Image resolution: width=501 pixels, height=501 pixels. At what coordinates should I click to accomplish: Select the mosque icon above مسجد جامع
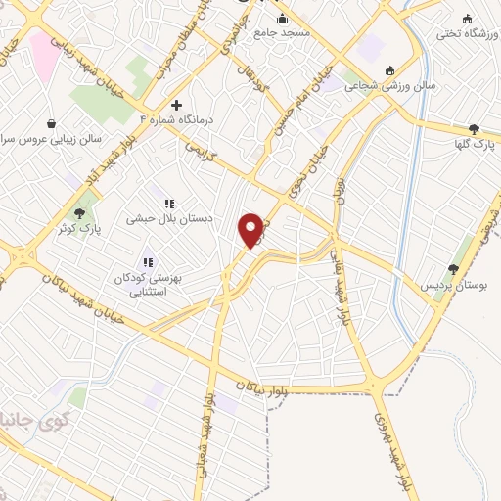click(x=283, y=18)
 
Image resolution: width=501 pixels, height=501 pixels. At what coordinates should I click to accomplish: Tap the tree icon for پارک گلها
click(x=475, y=128)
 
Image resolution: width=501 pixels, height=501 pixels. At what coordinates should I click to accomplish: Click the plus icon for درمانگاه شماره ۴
click(x=176, y=105)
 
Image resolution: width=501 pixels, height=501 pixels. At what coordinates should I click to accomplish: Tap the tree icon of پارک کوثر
click(x=80, y=211)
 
